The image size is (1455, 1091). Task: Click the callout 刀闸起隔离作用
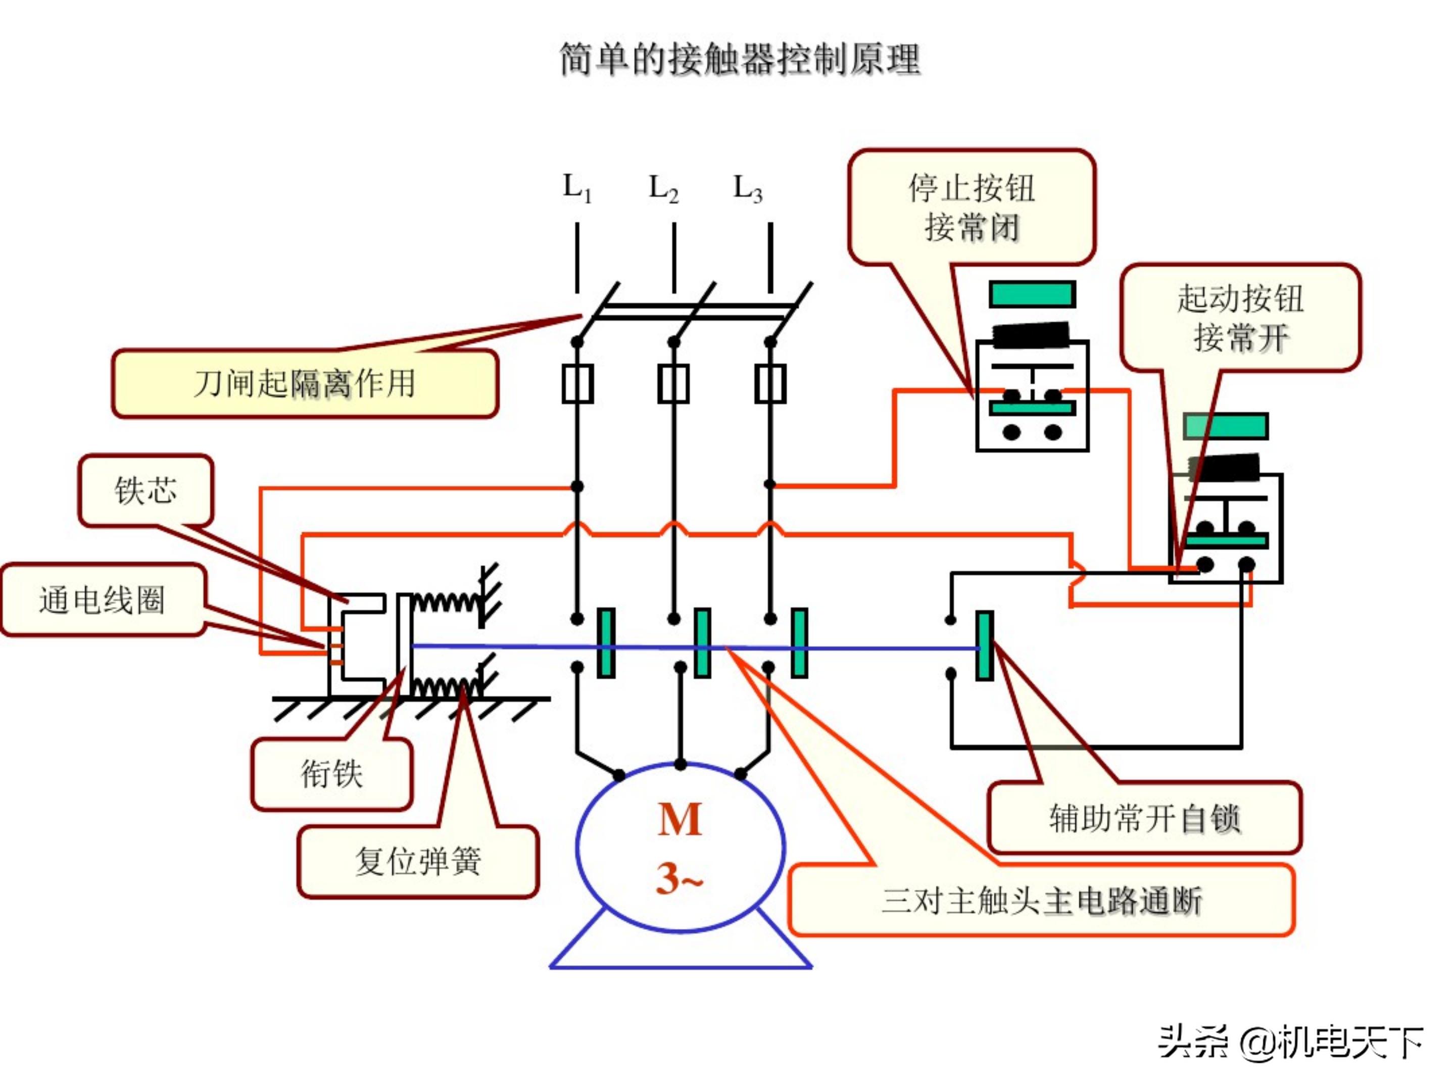305,383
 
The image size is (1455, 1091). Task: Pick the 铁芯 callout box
145,490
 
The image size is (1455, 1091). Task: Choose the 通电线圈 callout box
102,600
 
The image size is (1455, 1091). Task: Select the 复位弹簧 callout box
418,861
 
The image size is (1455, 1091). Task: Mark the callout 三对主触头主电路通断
1041,900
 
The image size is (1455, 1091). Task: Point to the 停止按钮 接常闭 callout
972,207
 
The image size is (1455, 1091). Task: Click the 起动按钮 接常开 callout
1240,318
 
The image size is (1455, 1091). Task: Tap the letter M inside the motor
680,820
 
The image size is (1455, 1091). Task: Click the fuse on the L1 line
577,384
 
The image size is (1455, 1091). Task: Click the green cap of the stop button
1032,294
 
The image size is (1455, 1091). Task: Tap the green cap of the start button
1226,426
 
